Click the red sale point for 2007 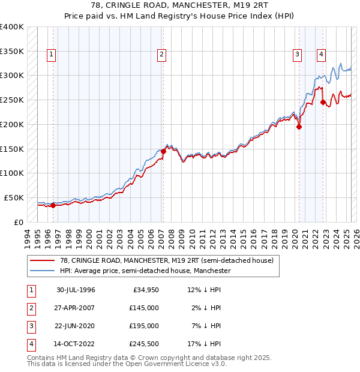163,151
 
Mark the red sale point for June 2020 299,127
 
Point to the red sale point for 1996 53,205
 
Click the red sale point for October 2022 323,102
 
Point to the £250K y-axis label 12,100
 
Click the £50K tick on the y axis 14,197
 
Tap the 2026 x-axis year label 356,238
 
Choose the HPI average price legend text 145,271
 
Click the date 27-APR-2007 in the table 76,307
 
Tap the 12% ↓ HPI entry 204,290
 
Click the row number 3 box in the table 30,326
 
